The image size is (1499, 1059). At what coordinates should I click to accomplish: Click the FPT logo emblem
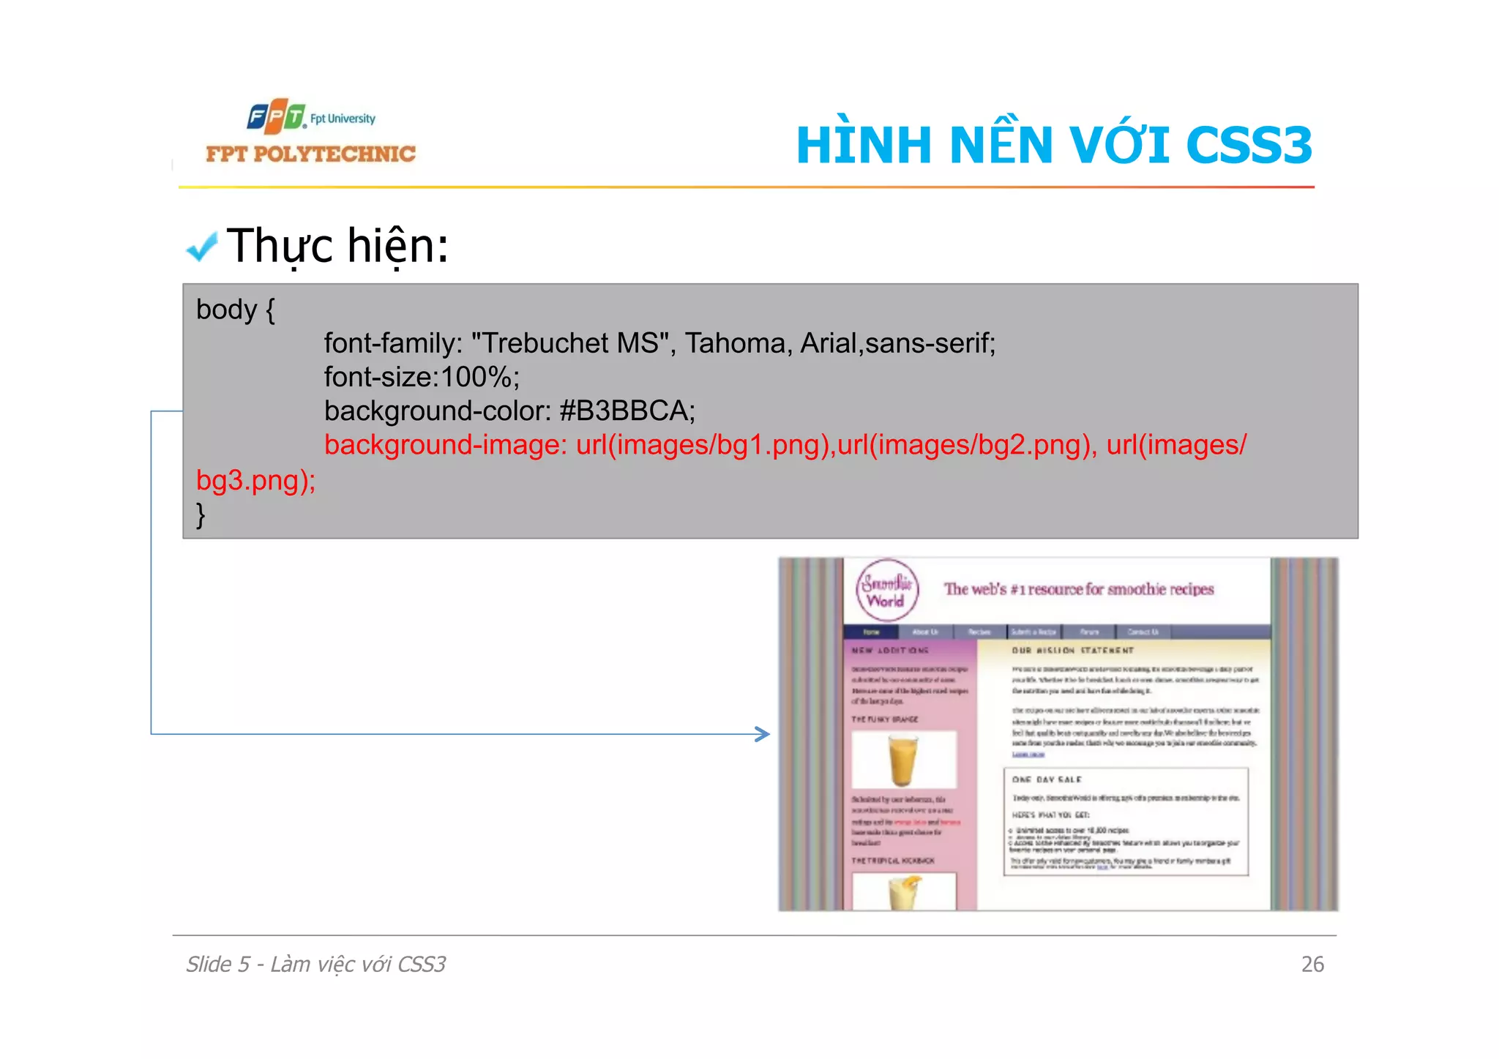click(x=276, y=116)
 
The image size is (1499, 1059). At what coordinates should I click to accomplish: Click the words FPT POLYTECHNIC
click(x=310, y=154)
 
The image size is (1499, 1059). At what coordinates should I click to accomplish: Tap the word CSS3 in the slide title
click(x=1249, y=145)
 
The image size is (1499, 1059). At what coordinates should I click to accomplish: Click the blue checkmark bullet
click(x=201, y=247)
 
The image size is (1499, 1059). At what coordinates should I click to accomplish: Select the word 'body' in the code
click(x=226, y=310)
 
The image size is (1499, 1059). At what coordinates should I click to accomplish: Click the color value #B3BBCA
click(x=627, y=411)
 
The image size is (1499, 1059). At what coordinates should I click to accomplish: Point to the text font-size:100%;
click(x=422, y=377)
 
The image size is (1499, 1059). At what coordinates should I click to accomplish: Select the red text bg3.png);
click(x=255, y=480)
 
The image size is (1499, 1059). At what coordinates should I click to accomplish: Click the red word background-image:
click(x=445, y=445)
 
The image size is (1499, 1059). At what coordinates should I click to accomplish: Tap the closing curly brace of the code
click(x=201, y=514)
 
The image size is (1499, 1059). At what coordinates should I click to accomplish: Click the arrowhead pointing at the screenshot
click(x=763, y=734)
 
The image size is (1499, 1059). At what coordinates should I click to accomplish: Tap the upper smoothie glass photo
click(x=903, y=760)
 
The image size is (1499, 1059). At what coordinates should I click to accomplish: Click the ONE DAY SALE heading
click(x=1047, y=779)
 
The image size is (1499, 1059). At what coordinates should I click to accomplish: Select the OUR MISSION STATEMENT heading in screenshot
click(x=1072, y=650)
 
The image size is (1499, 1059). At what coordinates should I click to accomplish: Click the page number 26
click(x=1312, y=964)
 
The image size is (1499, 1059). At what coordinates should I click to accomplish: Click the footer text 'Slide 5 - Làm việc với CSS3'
click(x=315, y=964)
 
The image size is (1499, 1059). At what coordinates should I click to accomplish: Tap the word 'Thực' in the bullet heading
click(x=280, y=246)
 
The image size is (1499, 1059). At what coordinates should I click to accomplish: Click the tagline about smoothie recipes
click(x=1078, y=589)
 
